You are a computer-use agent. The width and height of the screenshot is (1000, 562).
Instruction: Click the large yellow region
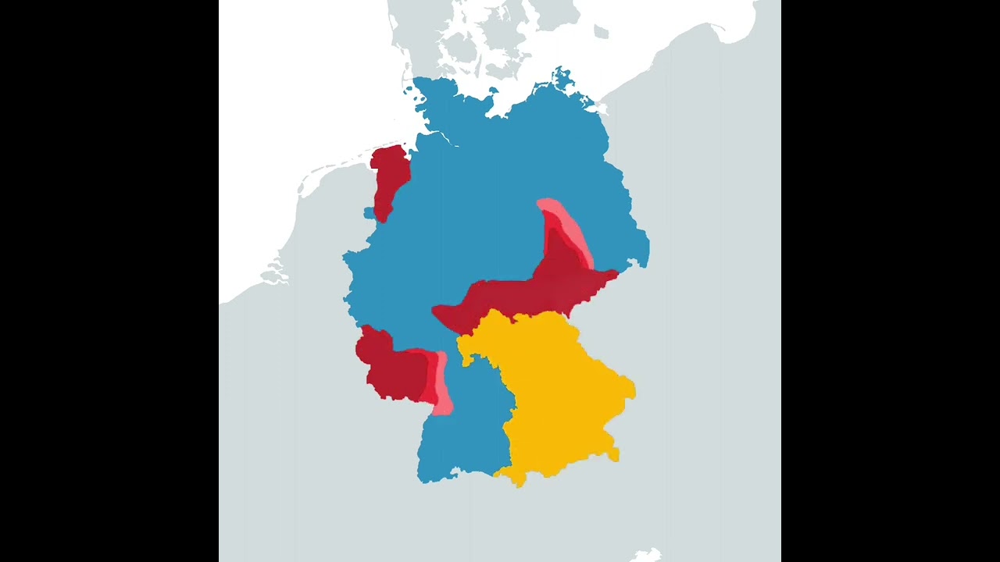point(559,390)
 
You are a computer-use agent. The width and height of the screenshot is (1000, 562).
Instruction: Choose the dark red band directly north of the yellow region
point(531,293)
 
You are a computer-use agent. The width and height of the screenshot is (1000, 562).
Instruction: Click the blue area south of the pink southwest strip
point(461,437)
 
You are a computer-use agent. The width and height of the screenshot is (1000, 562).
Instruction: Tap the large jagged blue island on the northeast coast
point(562,77)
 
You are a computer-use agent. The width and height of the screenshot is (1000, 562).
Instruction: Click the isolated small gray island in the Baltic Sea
point(600,32)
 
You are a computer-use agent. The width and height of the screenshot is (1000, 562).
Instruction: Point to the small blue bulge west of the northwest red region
point(368,213)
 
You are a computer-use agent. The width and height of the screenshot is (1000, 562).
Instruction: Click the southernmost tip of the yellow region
point(520,485)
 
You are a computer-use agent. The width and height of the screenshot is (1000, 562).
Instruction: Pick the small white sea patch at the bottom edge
point(647,556)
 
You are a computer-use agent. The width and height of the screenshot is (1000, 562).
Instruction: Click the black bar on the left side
point(109,281)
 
